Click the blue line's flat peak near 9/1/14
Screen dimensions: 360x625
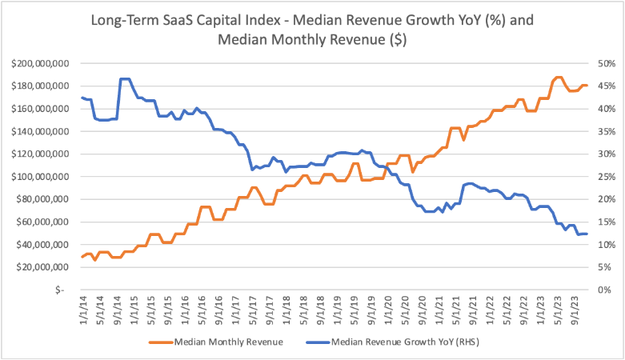[x=125, y=79]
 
